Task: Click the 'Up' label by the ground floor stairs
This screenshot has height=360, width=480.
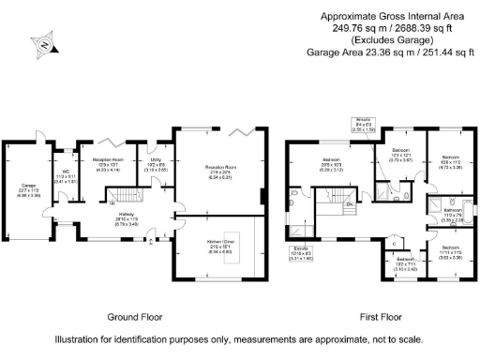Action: point(112,202)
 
